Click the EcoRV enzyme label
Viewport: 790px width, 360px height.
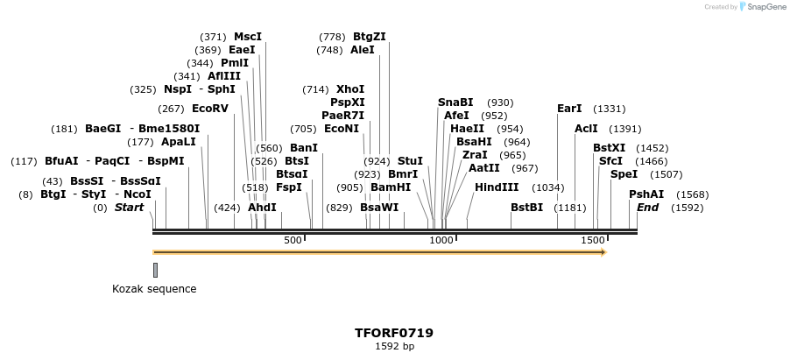(x=210, y=109)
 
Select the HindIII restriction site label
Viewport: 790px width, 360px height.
(x=497, y=187)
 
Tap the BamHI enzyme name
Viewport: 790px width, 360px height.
(x=391, y=187)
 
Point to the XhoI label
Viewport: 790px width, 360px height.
(x=350, y=89)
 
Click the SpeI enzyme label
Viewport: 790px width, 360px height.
(x=624, y=174)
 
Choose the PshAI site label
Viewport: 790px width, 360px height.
(x=646, y=194)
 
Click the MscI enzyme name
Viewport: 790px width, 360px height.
(x=248, y=36)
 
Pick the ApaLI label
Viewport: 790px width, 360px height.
(x=179, y=141)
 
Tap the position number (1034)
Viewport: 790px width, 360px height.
(x=548, y=187)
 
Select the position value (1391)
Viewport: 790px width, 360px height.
(x=625, y=129)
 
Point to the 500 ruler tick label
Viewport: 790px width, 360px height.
(x=293, y=241)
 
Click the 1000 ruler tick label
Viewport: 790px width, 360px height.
(x=441, y=241)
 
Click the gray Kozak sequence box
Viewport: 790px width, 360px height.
(x=156, y=271)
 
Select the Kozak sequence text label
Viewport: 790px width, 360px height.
(x=154, y=289)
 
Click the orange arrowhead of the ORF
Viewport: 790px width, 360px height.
(x=603, y=252)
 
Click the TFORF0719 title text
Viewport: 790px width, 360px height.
(x=394, y=333)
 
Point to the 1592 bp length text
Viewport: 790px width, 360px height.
(x=394, y=346)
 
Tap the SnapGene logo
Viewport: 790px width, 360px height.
(x=762, y=6)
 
